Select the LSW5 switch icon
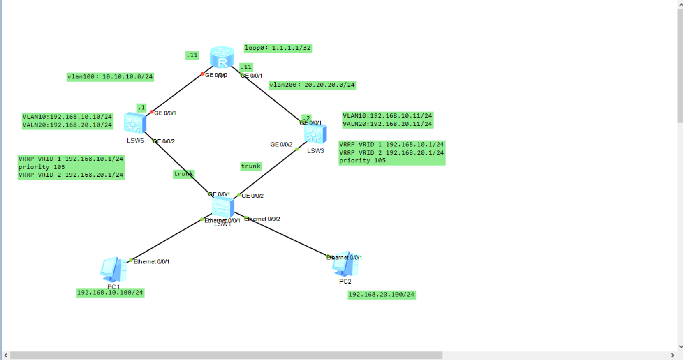135,123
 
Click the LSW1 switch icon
222,207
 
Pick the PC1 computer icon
113,269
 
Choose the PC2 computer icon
345,264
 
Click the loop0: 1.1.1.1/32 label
278,48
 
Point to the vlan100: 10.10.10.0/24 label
110,77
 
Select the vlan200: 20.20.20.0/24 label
312,85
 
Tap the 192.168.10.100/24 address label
110,293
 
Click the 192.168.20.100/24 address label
382,295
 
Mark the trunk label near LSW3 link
251,166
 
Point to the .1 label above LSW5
141,108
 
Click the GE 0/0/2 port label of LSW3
281,145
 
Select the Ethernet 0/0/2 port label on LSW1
263,219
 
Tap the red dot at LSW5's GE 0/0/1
152,112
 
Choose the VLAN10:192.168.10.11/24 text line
387,116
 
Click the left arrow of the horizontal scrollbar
5,355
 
